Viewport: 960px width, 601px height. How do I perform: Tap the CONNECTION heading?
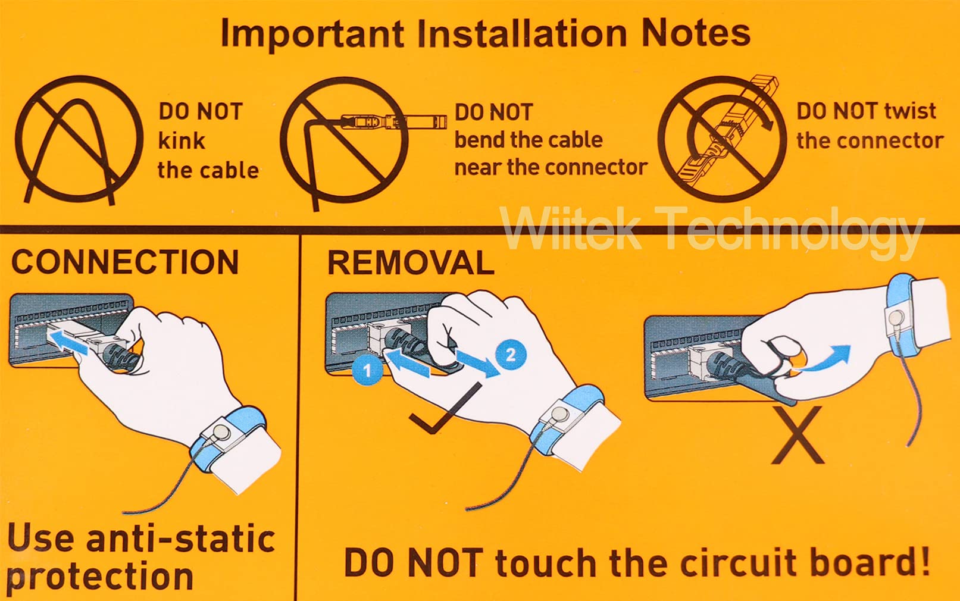[125, 262]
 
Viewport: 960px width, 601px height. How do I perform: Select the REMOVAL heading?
[411, 262]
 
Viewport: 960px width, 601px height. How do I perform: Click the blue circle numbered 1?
[367, 371]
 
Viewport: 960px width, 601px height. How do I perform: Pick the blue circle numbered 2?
[511, 354]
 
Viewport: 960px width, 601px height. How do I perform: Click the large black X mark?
[797, 435]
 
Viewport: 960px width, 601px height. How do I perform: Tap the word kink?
[182, 141]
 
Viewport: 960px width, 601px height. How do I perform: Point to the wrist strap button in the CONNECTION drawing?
[221, 431]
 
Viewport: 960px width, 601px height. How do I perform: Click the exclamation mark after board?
[924, 561]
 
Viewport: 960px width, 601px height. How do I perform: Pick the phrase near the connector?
[551, 167]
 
